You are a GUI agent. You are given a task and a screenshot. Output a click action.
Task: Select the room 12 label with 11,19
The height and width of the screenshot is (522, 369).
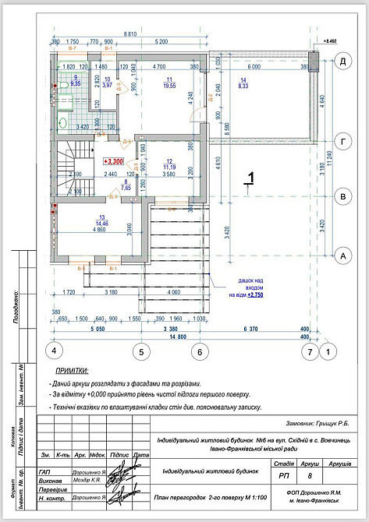pyautogui.click(x=169, y=167)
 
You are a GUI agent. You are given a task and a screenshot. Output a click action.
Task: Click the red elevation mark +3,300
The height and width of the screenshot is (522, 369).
pyautogui.click(x=112, y=160)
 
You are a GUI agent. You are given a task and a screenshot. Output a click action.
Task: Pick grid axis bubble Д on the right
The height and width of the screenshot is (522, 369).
pyautogui.click(x=342, y=61)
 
